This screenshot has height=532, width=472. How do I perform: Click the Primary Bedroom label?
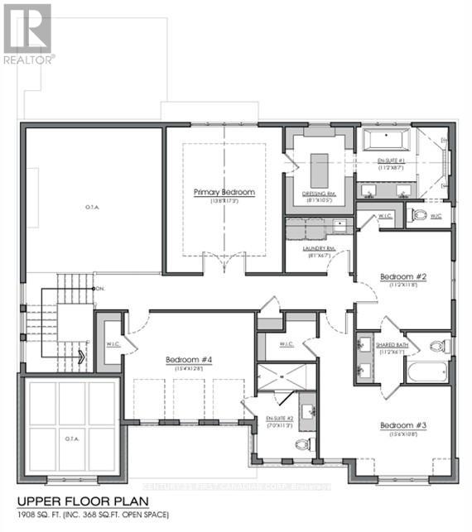tap(224, 192)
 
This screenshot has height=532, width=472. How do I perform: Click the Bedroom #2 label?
tap(402, 276)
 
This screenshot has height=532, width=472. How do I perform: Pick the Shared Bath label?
tap(391, 345)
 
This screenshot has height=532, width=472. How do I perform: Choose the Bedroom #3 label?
tap(402, 426)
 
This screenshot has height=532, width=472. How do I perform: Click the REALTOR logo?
tap(28, 34)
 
